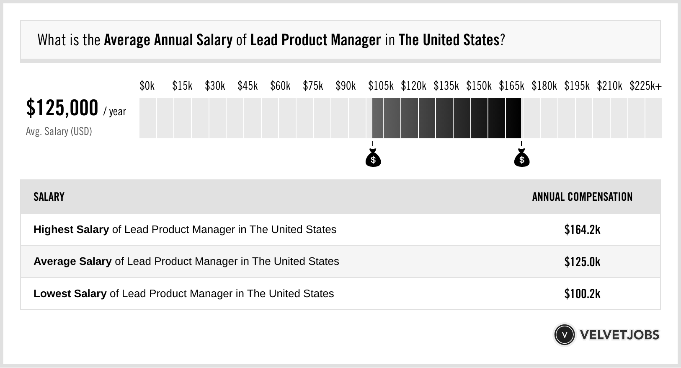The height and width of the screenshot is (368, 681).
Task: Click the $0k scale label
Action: pyautogui.click(x=147, y=86)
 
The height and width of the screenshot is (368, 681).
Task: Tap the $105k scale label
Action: pyautogui.click(x=381, y=86)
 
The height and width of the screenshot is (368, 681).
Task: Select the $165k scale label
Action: pyautogui.click(x=511, y=86)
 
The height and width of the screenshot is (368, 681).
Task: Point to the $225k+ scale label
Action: pyautogui.click(x=645, y=86)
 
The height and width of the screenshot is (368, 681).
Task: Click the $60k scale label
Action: pyautogui.click(x=280, y=86)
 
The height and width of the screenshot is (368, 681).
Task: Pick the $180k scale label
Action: pyautogui.click(x=544, y=86)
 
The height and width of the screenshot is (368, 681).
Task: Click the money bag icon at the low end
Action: pyautogui.click(x=373, y=158)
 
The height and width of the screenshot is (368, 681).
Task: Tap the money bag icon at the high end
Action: pyautogui.click(x=522, y=158)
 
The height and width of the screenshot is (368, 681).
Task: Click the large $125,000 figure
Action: pyautogui.click(x=62, y=108)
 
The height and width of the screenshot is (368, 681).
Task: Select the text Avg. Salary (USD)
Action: pyautogui.click(x=59, y=132)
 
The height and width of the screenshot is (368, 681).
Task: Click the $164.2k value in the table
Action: pyautogui.click(x=582, y=230)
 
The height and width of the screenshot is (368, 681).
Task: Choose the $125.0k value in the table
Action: pyautogui.click(x=582, y=262)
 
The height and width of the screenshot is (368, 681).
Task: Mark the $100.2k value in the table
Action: pyautogui.click(x=582, y=294)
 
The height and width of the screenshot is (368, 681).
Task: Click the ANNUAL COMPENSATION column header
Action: pyautogui.click(x=582, y=197)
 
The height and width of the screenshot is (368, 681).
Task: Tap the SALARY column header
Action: pyautogui.click(x=49, y=197)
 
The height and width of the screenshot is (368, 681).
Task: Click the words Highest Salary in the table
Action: pyautogui.click(x=71, y=230)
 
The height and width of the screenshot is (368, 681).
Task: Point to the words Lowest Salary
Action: pyautogui.click(x=70, y=294)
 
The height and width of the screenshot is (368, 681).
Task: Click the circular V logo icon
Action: pyautogui.click(x=564, y=335)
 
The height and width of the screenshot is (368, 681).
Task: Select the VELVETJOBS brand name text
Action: pyautogui.click(x=619, y=335)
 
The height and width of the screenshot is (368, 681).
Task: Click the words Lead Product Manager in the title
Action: pyautogui.click(x=315, y=40)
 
